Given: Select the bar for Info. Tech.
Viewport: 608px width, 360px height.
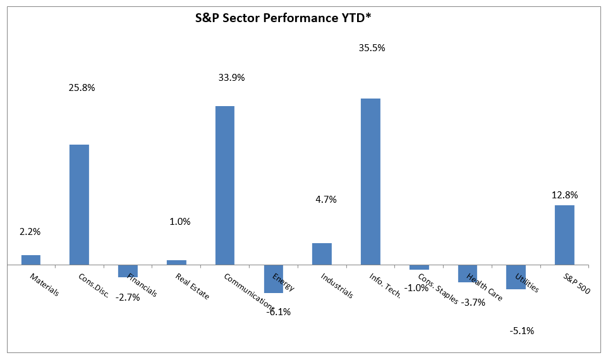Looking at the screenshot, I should click(x=370, y=181).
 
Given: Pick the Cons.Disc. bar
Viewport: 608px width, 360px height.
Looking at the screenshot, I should click(x=79, y=205).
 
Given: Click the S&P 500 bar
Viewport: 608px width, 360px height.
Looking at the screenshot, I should click(x=564, y=234).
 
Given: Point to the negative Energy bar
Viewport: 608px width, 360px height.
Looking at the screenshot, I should click(x=274, y=279).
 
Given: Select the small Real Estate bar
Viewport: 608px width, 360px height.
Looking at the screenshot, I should click(x=176, y=262).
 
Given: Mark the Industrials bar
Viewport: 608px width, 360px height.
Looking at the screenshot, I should click(x=322, y=254).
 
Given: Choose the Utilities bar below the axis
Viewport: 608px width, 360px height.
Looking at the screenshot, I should click(x=516, y=277).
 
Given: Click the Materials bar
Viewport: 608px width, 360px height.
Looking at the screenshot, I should click(x=31, y=260).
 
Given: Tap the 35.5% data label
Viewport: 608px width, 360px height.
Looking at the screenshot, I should click(x=371, y=47).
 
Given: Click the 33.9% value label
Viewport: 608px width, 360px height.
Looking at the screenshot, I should click(x=231, y=78).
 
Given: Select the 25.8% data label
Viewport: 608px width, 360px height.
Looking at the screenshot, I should click(x=82, y=88).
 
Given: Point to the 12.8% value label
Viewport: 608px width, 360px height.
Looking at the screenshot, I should click(x=564, y=195).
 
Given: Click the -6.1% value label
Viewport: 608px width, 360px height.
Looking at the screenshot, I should click(x=278, y=311).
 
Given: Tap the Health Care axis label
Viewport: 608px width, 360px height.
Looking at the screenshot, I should click(x=484, y=287).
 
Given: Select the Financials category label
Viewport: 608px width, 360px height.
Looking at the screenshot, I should click(x=142, y=285).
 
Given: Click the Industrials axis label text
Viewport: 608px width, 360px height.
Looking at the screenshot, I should click(x=336, y=286).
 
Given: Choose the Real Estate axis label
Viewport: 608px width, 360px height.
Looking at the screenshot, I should click(x=192, y=286).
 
